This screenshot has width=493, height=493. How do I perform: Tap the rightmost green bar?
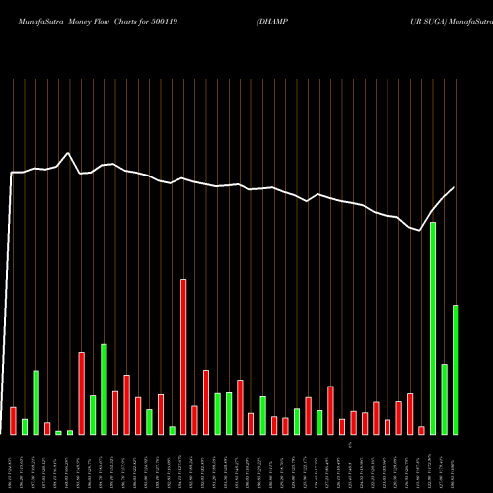point(456,370)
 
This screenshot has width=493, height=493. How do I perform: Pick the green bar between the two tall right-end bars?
point(445,399)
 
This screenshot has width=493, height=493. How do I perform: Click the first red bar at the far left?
point(13,421)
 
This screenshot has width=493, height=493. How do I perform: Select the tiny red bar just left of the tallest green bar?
point(421,430)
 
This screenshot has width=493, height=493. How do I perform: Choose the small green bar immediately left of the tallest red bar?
point(172,430)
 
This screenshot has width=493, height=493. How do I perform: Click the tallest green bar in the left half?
point(104,389)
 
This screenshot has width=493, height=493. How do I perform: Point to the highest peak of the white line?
point(67,154)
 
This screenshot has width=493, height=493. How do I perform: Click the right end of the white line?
point(454,187)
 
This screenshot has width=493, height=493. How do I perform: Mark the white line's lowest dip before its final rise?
point(421,230)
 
